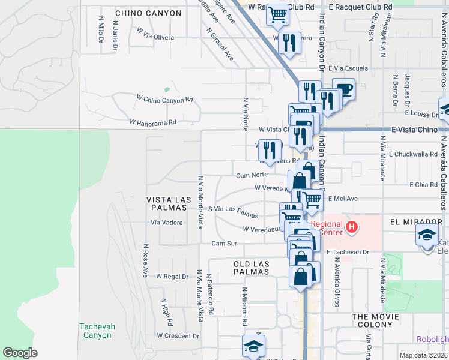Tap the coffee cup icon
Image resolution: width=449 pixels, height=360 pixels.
[343, 89]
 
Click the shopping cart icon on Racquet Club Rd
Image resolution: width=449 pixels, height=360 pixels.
[277, 14]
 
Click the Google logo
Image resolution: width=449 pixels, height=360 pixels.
[20, 353]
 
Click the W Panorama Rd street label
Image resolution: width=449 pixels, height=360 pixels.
[152, 122]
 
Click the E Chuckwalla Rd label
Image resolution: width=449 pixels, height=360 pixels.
[413, 154]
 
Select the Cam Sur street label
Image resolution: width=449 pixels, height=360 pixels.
[223, 244]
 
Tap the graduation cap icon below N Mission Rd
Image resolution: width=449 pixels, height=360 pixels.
[253, 346]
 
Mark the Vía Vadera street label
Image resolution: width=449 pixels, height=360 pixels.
[166, 222]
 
